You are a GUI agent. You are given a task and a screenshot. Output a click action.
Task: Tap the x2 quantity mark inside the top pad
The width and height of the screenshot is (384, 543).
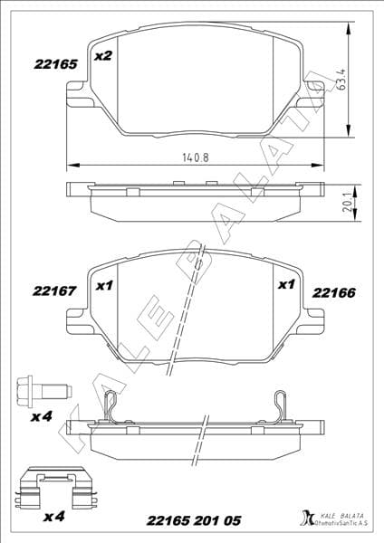point(103,56)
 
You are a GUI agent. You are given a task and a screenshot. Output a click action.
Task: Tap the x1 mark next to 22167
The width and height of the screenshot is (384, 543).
point(103,285)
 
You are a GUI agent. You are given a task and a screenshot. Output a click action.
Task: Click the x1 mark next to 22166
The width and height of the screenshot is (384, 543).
point(286,285)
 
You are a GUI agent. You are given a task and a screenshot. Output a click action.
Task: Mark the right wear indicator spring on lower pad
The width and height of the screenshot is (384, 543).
point(281,406)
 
